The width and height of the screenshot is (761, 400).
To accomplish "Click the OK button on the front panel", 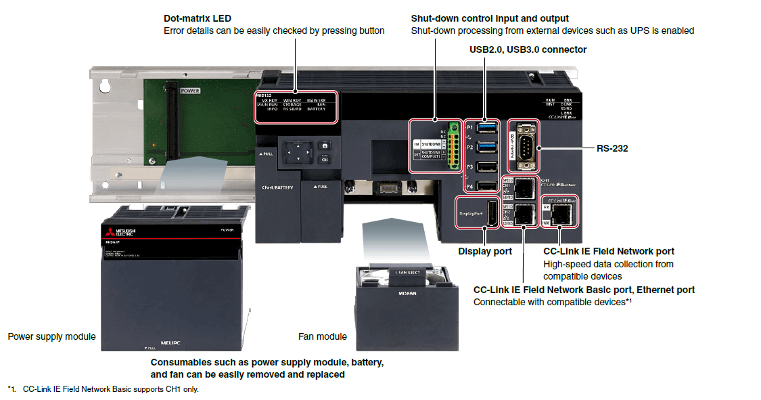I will coord(325,160).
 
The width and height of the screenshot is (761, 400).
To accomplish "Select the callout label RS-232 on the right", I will coord(612,148).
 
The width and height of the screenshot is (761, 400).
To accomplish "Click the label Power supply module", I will coord(51,336).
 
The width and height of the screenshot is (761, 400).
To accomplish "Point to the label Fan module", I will coord(323,336).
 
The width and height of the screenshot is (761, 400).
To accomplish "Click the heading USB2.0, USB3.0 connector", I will coord(528,49).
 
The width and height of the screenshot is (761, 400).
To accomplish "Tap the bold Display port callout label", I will coord(485,251).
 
